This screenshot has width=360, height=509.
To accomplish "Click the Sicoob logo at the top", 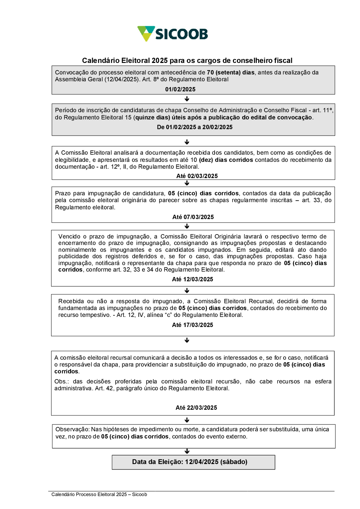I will [x=173, y=34].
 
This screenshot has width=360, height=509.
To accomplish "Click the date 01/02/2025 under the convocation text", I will [x=180, y=89].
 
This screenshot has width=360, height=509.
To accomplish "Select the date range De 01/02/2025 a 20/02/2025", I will [x=195, y=127].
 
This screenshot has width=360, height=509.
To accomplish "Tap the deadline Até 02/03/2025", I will [x=197, y=176].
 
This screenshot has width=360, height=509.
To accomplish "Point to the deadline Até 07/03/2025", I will [x=193, y=217].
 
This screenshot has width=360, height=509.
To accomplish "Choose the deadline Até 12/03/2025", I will [x=193, y=279].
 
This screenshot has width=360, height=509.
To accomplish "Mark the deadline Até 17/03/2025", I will [x=193, y=325].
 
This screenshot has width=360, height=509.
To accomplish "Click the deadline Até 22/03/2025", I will [x=196, y=408].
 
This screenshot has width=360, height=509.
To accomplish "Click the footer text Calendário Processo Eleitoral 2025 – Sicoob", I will [x=99, y=495].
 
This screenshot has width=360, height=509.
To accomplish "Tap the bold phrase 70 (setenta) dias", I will [x=231, y=72].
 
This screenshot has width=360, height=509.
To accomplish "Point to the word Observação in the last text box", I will [x=72, y=430].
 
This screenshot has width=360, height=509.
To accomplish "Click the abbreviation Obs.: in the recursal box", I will [x=62, y=382].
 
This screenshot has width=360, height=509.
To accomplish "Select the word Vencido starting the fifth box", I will [x=69, y=236].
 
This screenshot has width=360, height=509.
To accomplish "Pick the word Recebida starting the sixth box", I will [x=71, y=301].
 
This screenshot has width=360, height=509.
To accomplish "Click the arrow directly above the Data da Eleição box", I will [x=187, y=451].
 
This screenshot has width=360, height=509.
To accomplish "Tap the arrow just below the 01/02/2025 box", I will [x=187, y=99].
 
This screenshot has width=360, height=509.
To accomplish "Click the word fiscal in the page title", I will [x=284, y=60].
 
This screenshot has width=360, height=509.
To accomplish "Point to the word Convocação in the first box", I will [x=71, y=72].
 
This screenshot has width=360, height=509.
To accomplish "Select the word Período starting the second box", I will [x=65, y=110].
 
